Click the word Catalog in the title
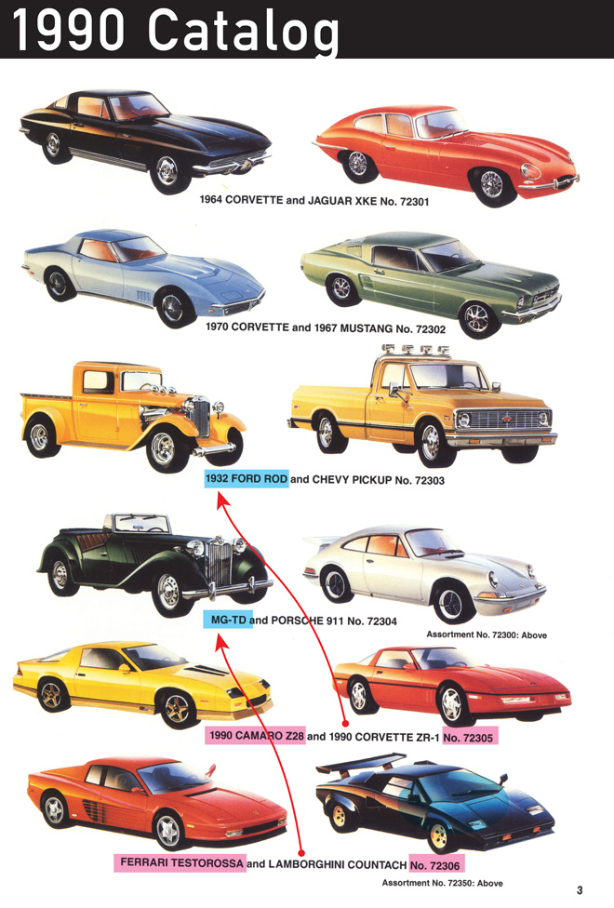tap(244, 30)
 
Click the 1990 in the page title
tap(68, 29)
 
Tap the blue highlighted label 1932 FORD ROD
tap(247, 479)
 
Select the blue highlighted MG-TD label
tap(228, 621)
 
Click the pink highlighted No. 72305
tap(469, 737)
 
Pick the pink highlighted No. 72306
tap(436, 866)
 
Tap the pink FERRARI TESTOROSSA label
tap(180, 862)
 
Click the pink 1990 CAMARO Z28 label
tap(255, 736)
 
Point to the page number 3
tap(580, 890)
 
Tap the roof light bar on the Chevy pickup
tap(415, 349)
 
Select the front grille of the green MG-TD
tap(220, 561)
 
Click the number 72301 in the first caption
tap(414, 202)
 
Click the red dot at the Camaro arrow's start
tap(345, 723)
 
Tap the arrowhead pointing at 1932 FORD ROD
tap(222, 500)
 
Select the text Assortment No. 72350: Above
tap(442, 883)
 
